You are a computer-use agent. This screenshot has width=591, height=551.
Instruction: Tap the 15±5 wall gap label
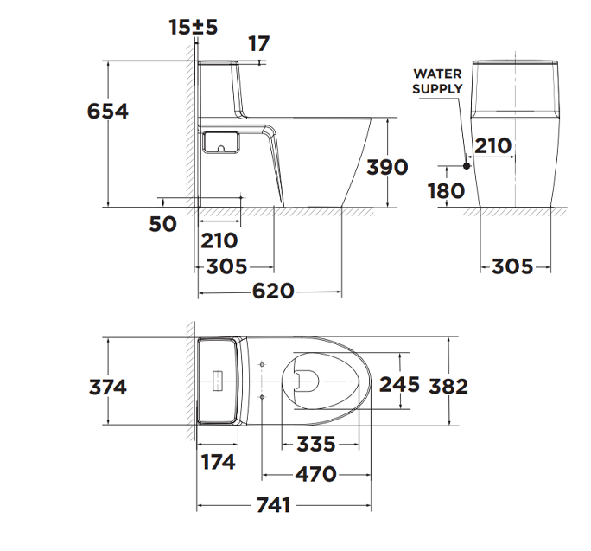194,27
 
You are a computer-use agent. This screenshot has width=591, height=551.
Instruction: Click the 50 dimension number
163,224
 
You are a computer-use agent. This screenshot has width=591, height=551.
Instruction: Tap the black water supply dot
467,164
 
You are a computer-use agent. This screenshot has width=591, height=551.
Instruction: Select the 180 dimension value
447,190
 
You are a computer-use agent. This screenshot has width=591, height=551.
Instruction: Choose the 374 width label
108,387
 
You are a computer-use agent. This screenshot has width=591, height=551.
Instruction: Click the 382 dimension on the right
449,386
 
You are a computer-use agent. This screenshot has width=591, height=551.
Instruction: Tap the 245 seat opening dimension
399,383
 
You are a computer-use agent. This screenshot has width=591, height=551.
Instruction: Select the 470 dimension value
316,474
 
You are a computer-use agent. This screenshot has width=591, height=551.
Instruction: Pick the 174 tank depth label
217,462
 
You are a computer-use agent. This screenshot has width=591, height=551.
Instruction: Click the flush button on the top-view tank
217,381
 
